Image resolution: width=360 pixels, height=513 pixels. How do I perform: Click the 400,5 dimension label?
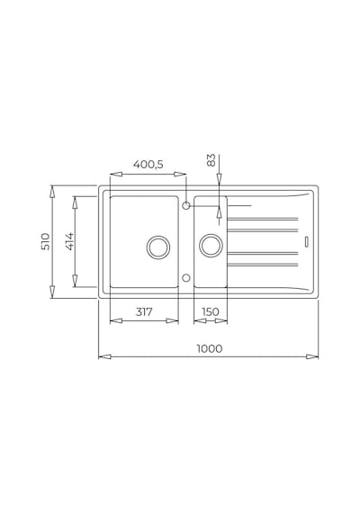pos(148,164)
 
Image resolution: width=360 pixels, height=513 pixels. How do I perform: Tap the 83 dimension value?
pos(211,160)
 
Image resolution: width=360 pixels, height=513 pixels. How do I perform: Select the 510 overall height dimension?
pos(46,241)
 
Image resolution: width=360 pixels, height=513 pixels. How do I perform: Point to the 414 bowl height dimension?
pos(69,241)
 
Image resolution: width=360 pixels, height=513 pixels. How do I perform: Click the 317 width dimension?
pos(144,312)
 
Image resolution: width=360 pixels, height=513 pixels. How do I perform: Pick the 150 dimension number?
pos(210,312)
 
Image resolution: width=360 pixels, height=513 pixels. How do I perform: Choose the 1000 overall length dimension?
pos(210,349)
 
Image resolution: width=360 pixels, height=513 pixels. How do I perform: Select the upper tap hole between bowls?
pos(186,206)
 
